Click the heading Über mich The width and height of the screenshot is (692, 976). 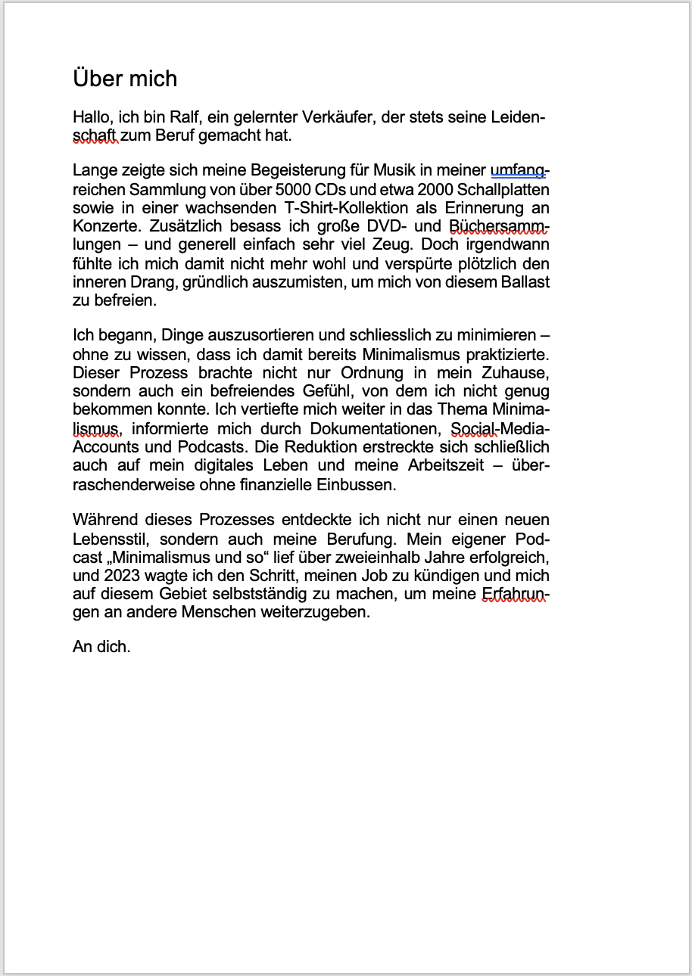125,79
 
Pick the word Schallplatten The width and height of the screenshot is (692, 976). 503,189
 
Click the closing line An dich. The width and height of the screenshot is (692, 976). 101,647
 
